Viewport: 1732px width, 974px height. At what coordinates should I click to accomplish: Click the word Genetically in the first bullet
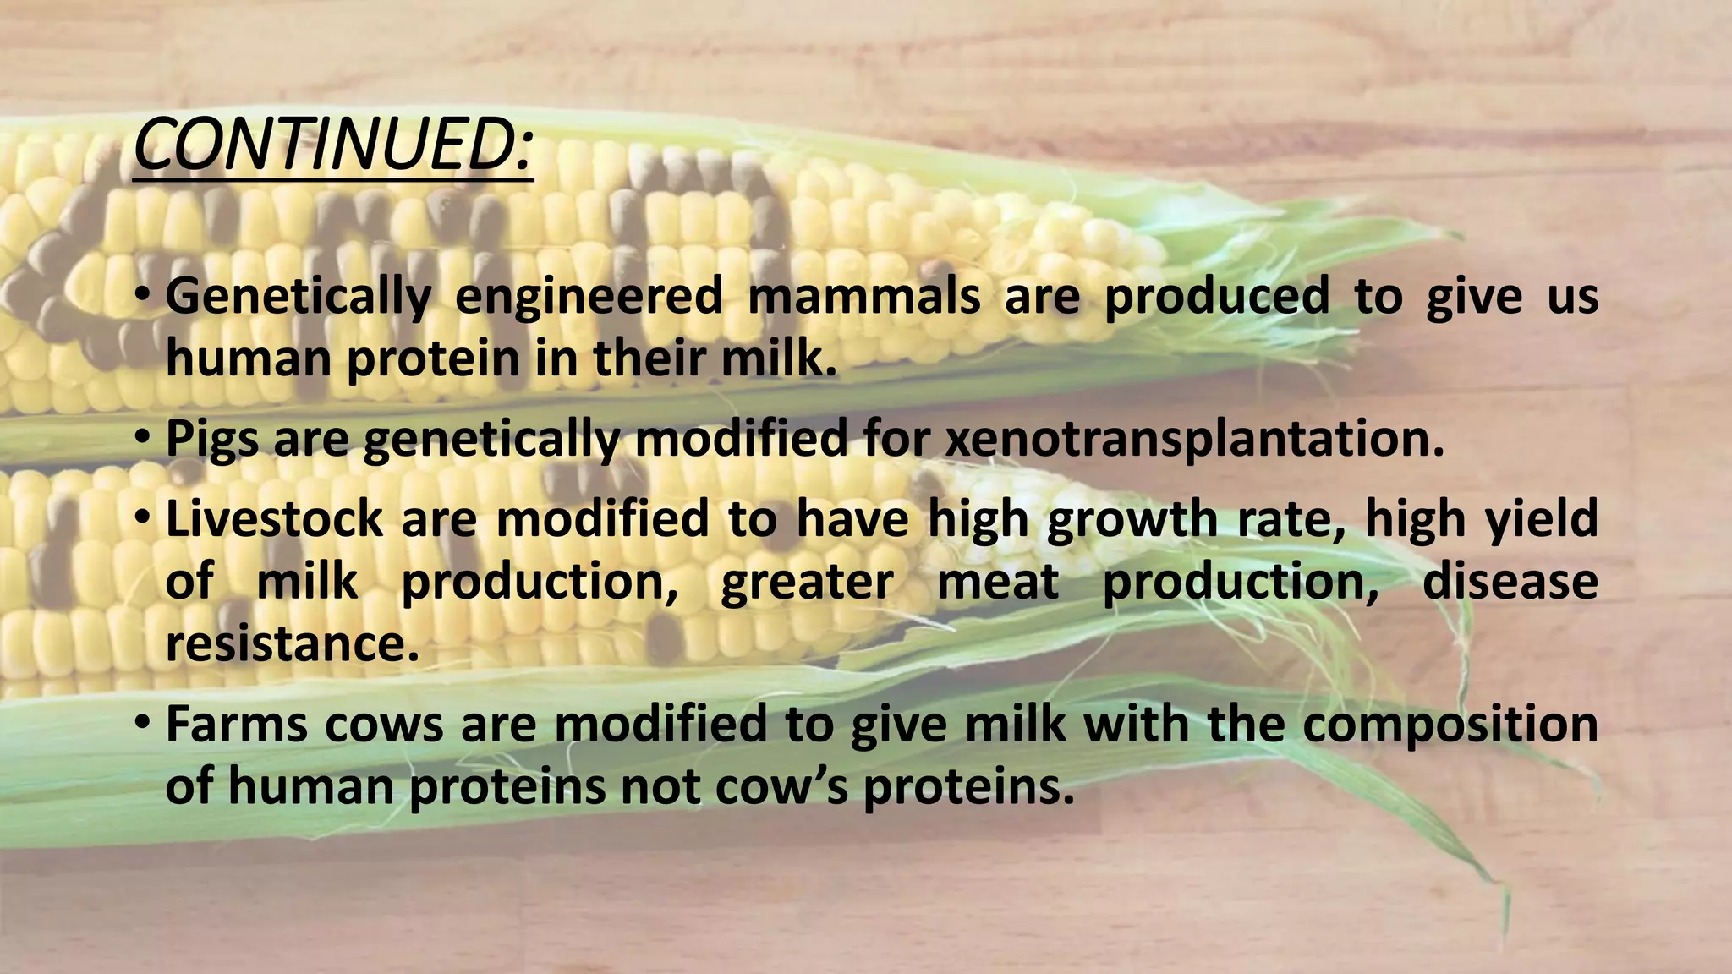(x=298, y=297)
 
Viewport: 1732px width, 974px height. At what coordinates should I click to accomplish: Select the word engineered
(x=589, y=297)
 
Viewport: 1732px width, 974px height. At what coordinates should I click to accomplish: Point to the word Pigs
(x=211, y=440)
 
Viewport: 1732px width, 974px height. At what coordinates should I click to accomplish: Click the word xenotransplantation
(x=1193, y=440)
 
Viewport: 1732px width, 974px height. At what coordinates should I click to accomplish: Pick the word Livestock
(x=274, y=518)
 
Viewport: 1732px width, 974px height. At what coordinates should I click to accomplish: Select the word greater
(x=807, y=582)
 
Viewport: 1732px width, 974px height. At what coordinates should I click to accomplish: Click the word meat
(x=998, y=582)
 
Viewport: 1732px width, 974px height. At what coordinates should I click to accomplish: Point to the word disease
(x=1510, y=582)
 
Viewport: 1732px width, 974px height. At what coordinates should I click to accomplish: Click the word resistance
(x=292, y=644)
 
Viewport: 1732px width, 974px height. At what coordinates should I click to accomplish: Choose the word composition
(x=1450, y=725)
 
